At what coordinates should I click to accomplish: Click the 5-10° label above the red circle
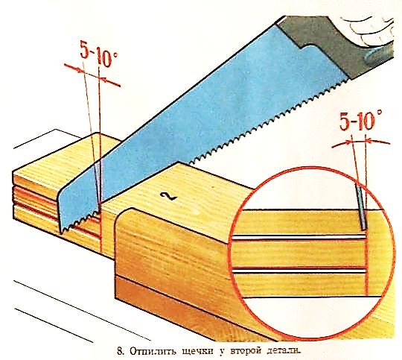[361, 121]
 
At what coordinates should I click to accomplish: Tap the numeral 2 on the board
[168, 196]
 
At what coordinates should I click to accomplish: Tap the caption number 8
[120, 351]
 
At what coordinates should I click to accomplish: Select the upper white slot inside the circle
[299, 238]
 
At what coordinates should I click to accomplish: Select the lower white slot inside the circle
[299, 271]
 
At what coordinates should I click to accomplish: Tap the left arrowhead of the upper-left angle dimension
[80, 69]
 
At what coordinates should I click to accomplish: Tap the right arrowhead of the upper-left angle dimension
[103, 80]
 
